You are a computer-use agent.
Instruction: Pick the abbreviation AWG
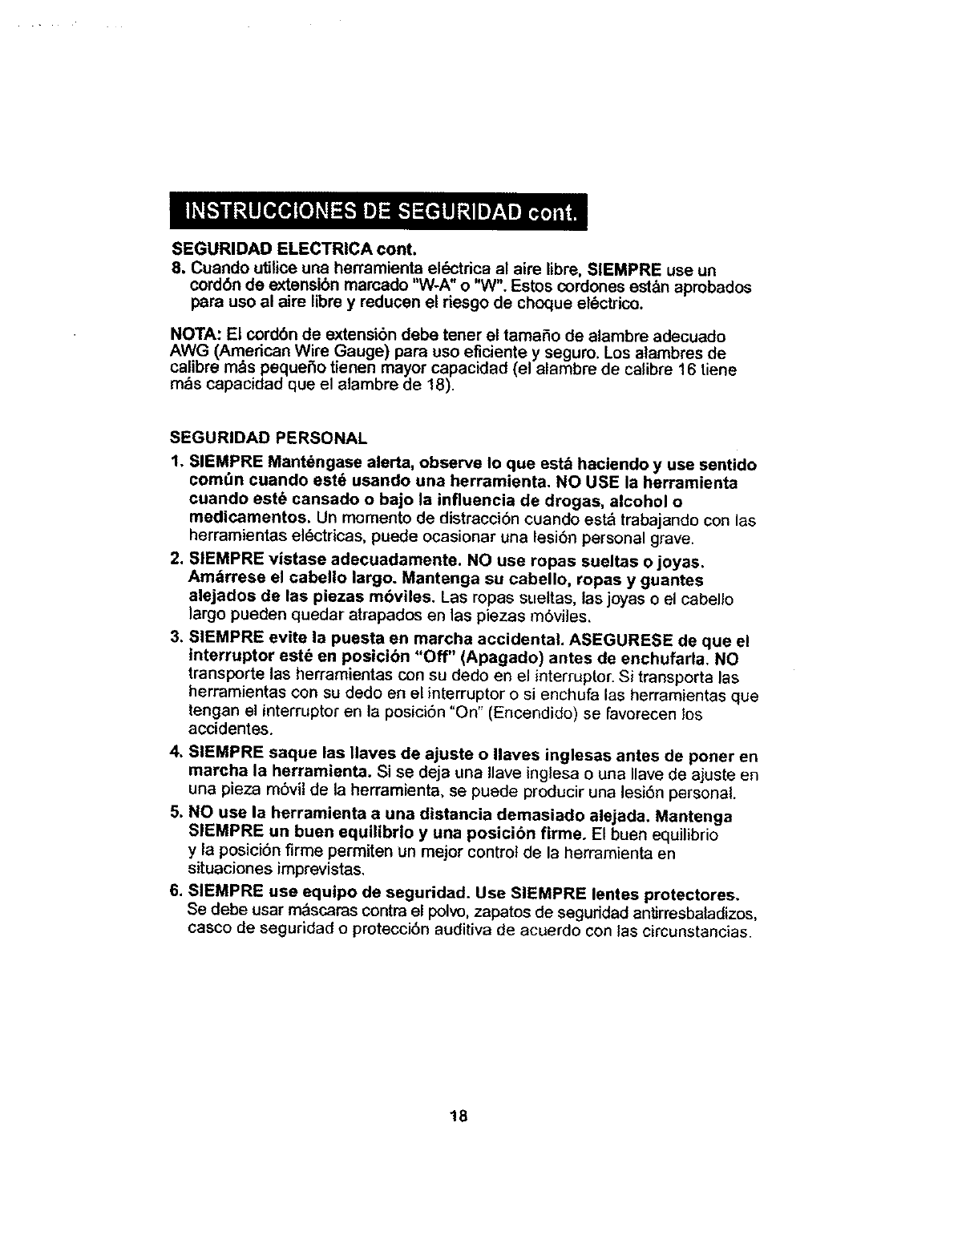(186, 353)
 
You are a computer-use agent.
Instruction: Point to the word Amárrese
(224, 580)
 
